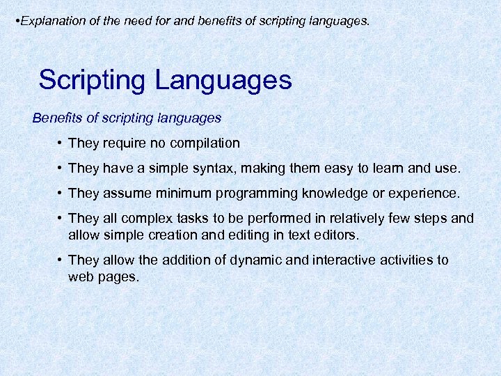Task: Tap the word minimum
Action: pyautogui.click(x=187, y=193)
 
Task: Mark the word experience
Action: pyautogui.click(x=424, y=193)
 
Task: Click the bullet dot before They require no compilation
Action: pyautogui.click(x=61, y=143)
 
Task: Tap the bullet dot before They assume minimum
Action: pyautogui.click(x=61, y=194)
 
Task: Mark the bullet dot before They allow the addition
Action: pyautogui.click(x=61, y=260)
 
